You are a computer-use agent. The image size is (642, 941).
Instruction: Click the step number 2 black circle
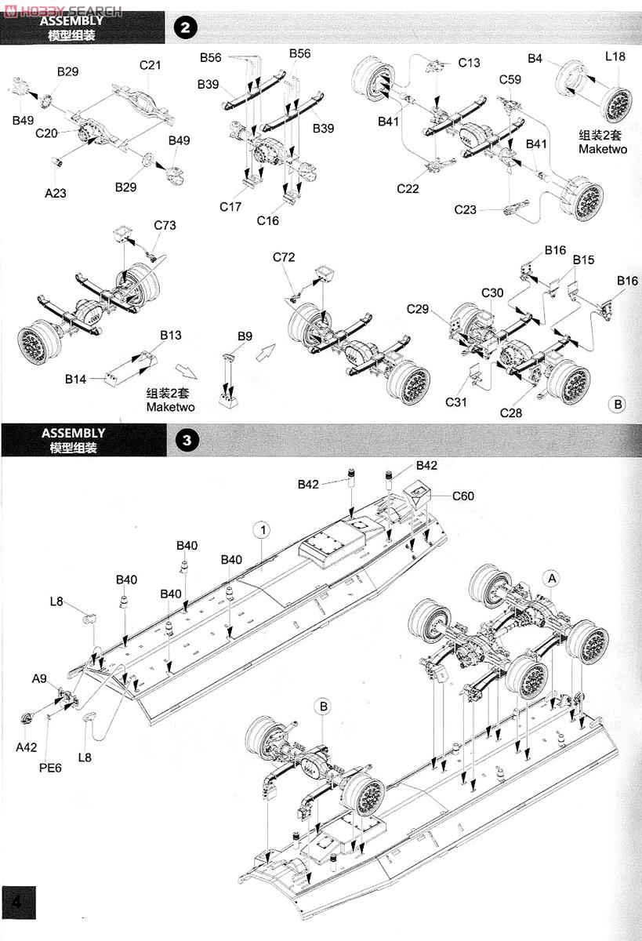click(x=185, y=28)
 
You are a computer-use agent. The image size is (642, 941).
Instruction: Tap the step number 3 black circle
click(x=187, y=440)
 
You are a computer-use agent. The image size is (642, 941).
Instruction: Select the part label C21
click(x=150, y=65)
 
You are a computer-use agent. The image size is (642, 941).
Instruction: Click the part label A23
click(x=56, y=193)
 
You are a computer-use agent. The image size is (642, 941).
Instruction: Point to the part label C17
click(x=230, y=207)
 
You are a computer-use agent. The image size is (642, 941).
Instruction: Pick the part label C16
click(x=268, y=220)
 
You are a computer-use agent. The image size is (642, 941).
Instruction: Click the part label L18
click(x=615, y=56)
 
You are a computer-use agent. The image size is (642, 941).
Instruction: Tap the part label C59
click(x=510, y=79)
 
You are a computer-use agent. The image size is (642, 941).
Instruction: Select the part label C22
click(x=408, y=189)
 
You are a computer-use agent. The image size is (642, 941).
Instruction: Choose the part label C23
click(x=465, y=209)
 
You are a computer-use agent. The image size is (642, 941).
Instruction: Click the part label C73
click(x=165, y=225)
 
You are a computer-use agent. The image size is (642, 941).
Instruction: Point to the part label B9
click(x=245, y=336)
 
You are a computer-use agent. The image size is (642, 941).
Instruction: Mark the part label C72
click(x=284, y=257)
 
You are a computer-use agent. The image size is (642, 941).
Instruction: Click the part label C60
click(x=463, y=496)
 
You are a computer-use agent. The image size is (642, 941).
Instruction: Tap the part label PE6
click(x=50, y=768)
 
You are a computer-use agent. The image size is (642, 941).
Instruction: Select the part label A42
click(x=27, y=747)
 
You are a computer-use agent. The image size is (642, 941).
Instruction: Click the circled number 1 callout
click(x=263, y=530)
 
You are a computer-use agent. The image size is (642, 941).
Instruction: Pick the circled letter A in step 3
click(x=552, y=579)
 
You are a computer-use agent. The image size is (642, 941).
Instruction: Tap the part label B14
click(x=75, y=380)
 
